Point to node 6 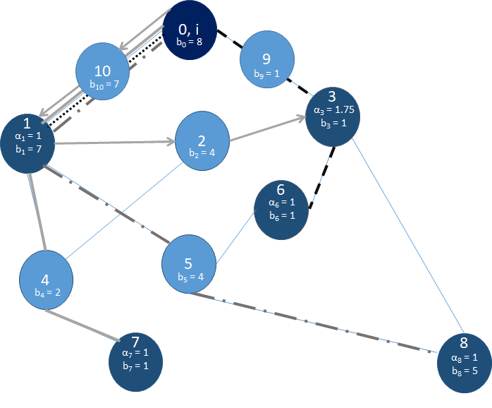(281, 210)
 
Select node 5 (189, 265)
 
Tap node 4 (47, 279)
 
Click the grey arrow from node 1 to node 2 (113, 143)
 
